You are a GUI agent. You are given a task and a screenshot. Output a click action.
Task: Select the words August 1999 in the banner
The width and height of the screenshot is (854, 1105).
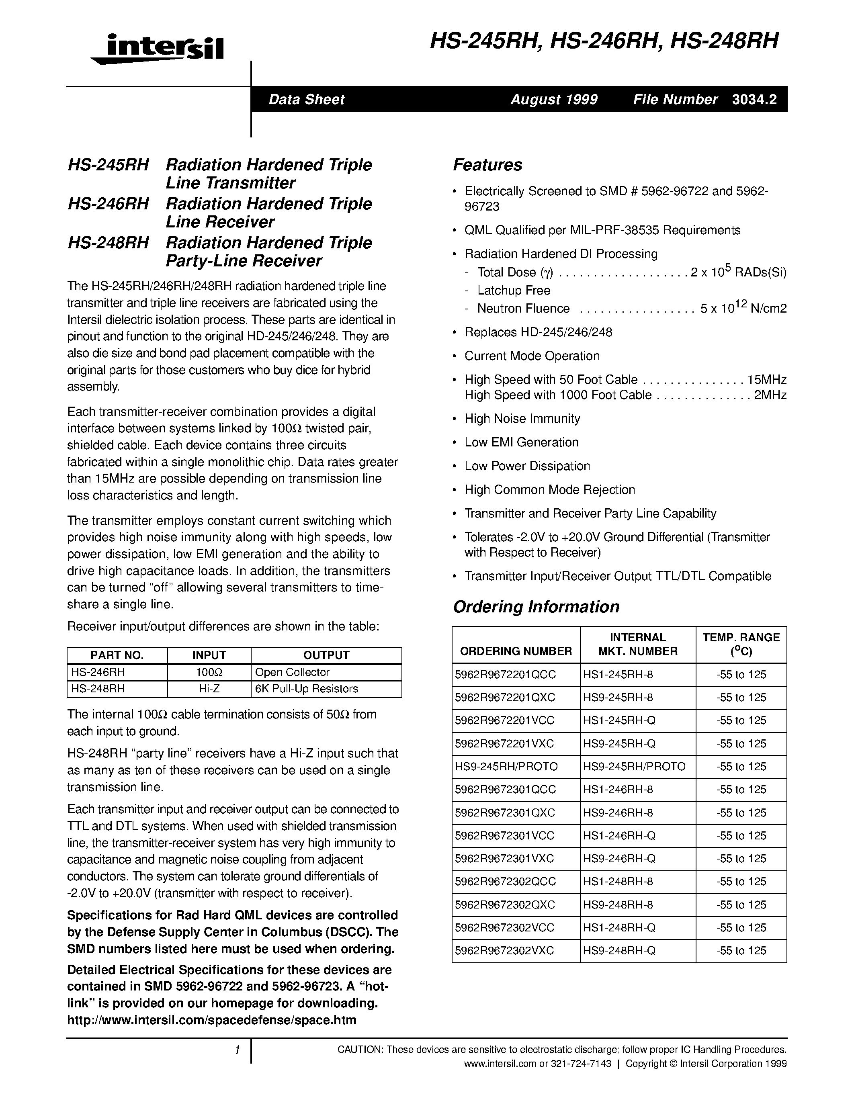point(554,100)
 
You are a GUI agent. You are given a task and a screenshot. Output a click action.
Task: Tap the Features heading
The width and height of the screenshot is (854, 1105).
point(487,165)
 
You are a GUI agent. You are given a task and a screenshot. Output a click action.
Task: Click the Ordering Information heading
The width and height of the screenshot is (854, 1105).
point(536,607)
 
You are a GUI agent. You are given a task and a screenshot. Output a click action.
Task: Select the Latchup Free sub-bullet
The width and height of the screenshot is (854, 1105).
point(514,291)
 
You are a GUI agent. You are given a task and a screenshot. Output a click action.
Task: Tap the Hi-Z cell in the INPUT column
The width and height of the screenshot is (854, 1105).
point(209,689)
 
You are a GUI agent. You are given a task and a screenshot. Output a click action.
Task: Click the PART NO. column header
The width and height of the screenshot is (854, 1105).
point(117,655)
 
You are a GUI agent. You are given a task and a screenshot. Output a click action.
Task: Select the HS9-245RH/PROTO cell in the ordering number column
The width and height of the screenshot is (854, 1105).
point(506,767)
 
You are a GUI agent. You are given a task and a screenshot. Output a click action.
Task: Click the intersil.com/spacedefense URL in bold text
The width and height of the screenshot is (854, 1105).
point(211,1020)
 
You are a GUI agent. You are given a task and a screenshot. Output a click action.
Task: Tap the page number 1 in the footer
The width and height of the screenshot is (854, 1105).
point(237,1050)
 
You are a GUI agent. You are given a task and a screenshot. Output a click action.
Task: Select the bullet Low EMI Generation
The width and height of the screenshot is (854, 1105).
point(521,442)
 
